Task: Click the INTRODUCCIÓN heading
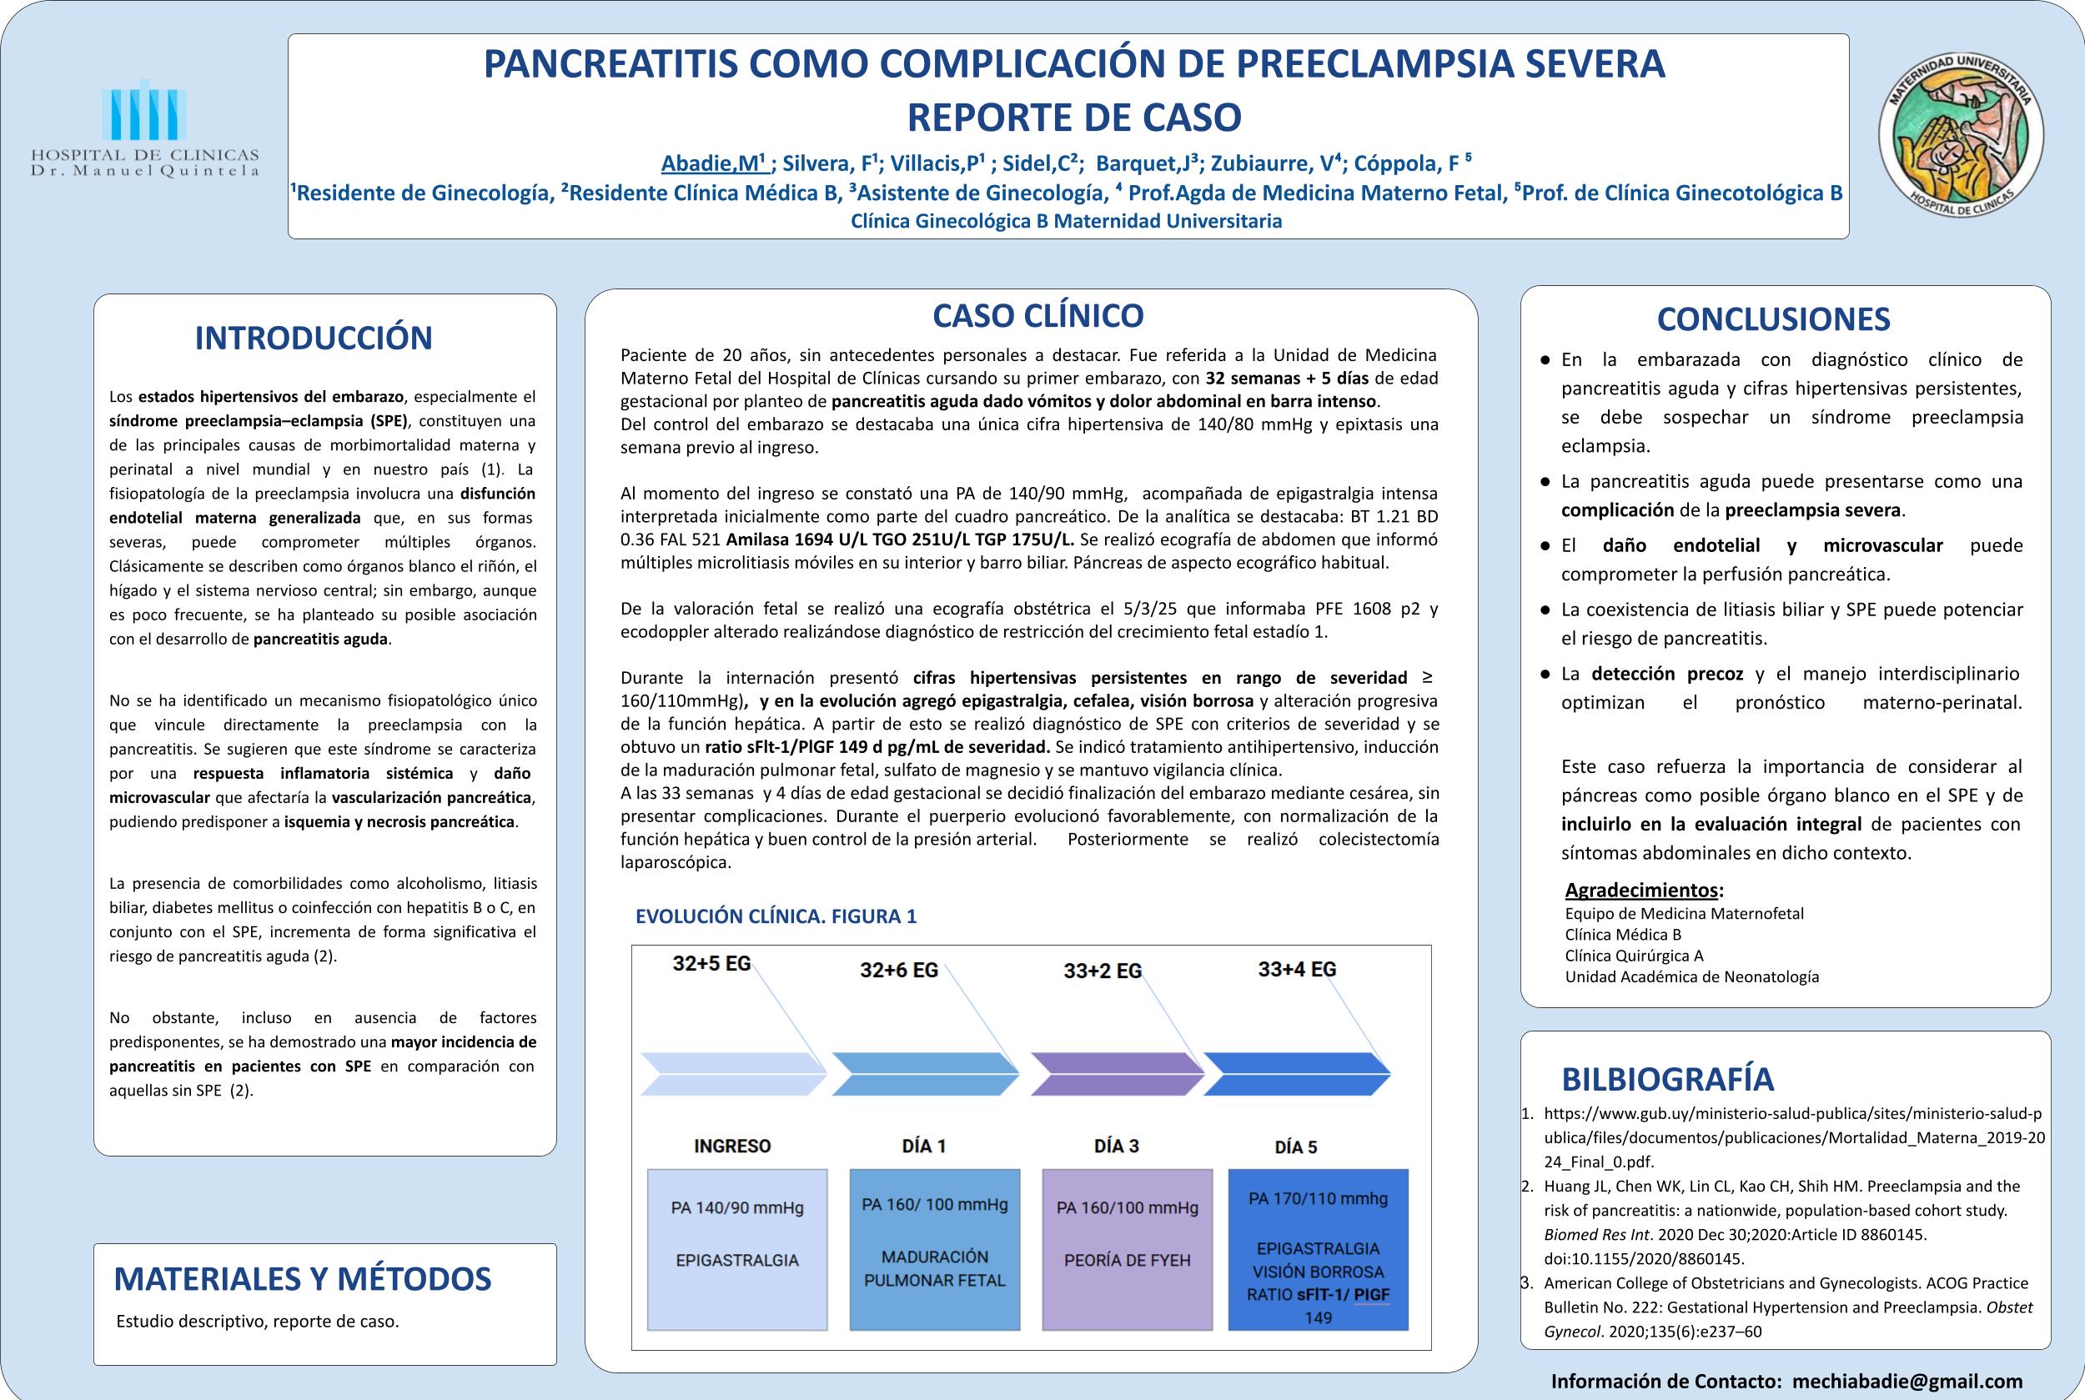tap(314, 339)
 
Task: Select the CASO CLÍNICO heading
tap(1037, 315)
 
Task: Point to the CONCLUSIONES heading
tap(1772, 319)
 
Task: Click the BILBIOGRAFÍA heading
tap(1667, 1080)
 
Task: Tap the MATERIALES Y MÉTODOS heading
tap(303, 1278)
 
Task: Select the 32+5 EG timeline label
tap(711, 964)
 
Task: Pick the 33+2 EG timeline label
tap(1102, 971)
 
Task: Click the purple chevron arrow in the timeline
tap(1117, 1073)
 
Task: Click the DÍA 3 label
tap(1116, 1147)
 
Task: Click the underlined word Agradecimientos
tap(1641, 891)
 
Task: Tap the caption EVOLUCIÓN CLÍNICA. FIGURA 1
tap(775, 916)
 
